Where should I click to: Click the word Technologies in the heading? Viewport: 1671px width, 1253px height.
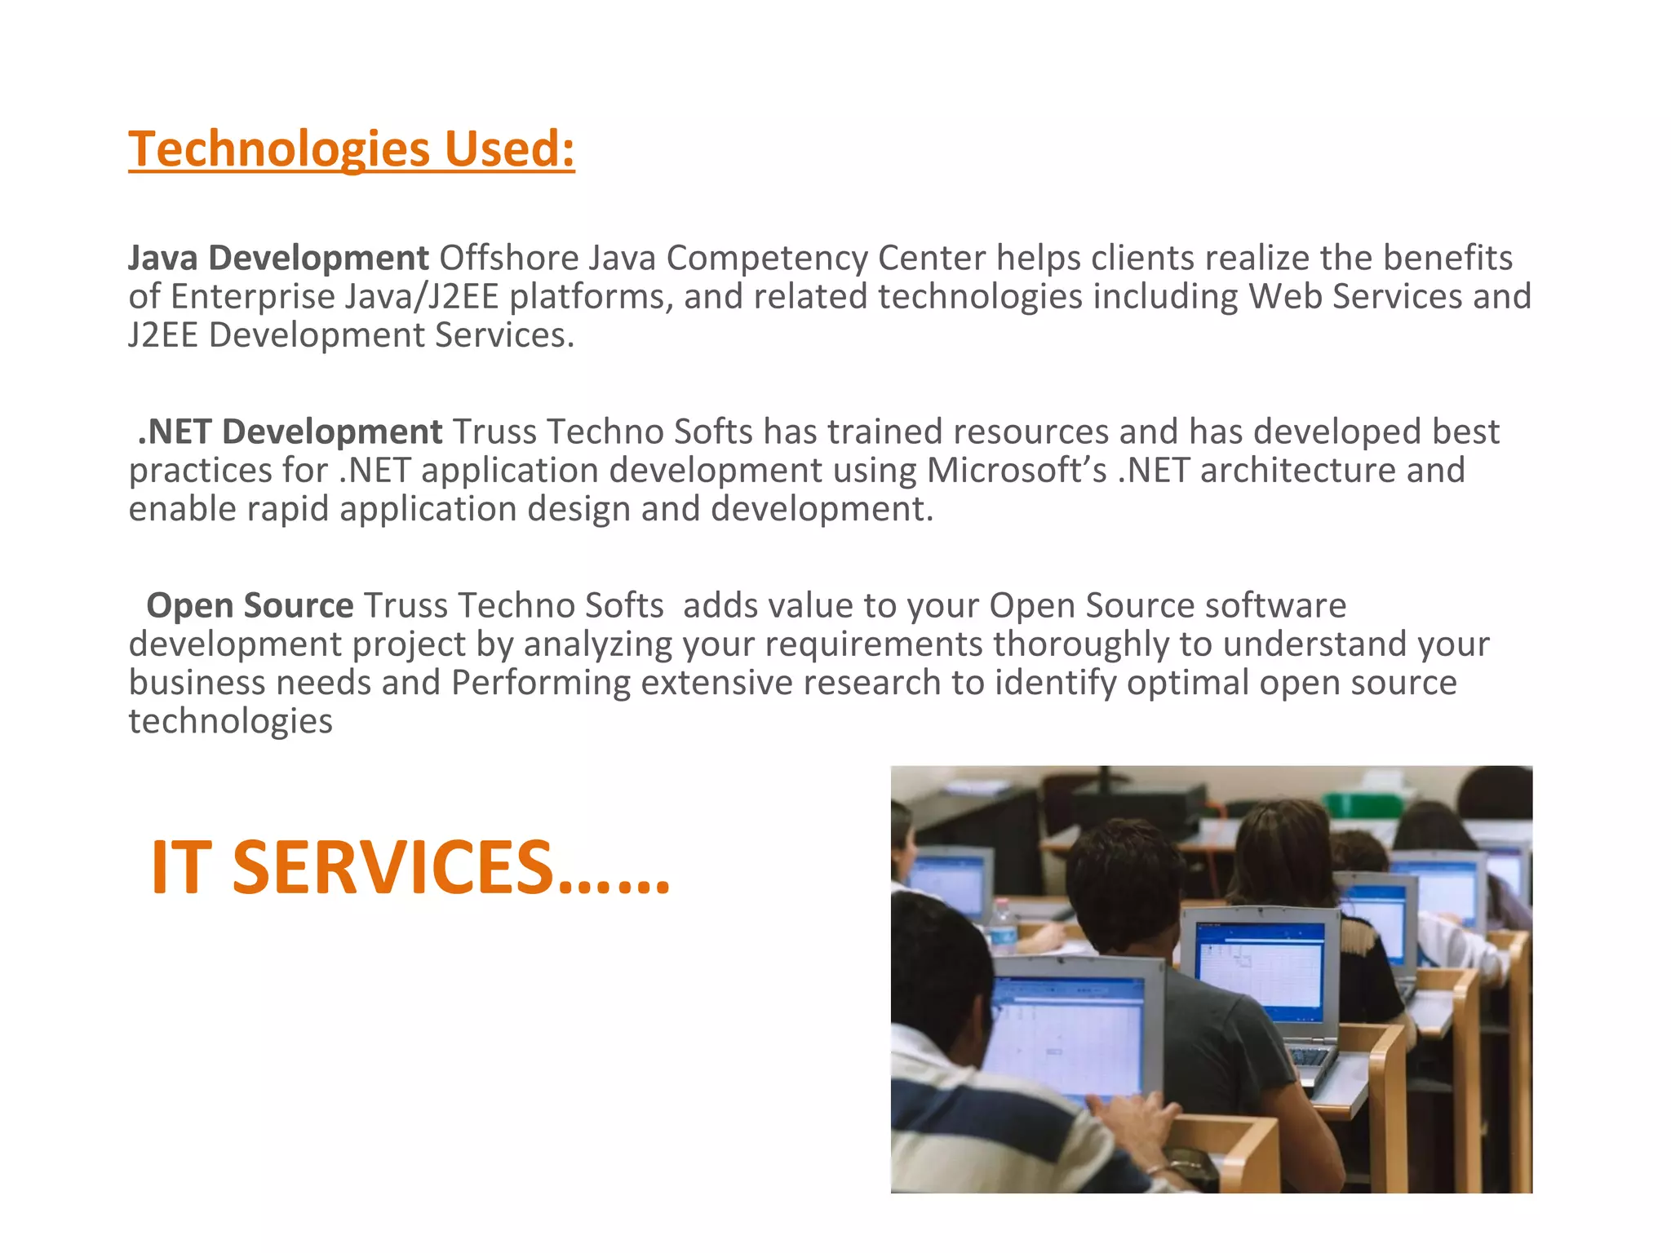pos(279,149)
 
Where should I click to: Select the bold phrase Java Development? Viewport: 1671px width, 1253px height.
pos(278,258)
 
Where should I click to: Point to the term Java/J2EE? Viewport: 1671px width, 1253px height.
pos(421,296)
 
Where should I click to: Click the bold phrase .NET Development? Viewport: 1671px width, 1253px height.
pos(290,432)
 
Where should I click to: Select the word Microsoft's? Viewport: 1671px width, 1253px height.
pos(1016,470)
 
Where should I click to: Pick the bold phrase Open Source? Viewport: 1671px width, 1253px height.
pos(250,605)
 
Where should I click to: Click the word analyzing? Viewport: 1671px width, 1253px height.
pos(598,644)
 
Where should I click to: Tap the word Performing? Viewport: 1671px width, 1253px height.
pos(540,683)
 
